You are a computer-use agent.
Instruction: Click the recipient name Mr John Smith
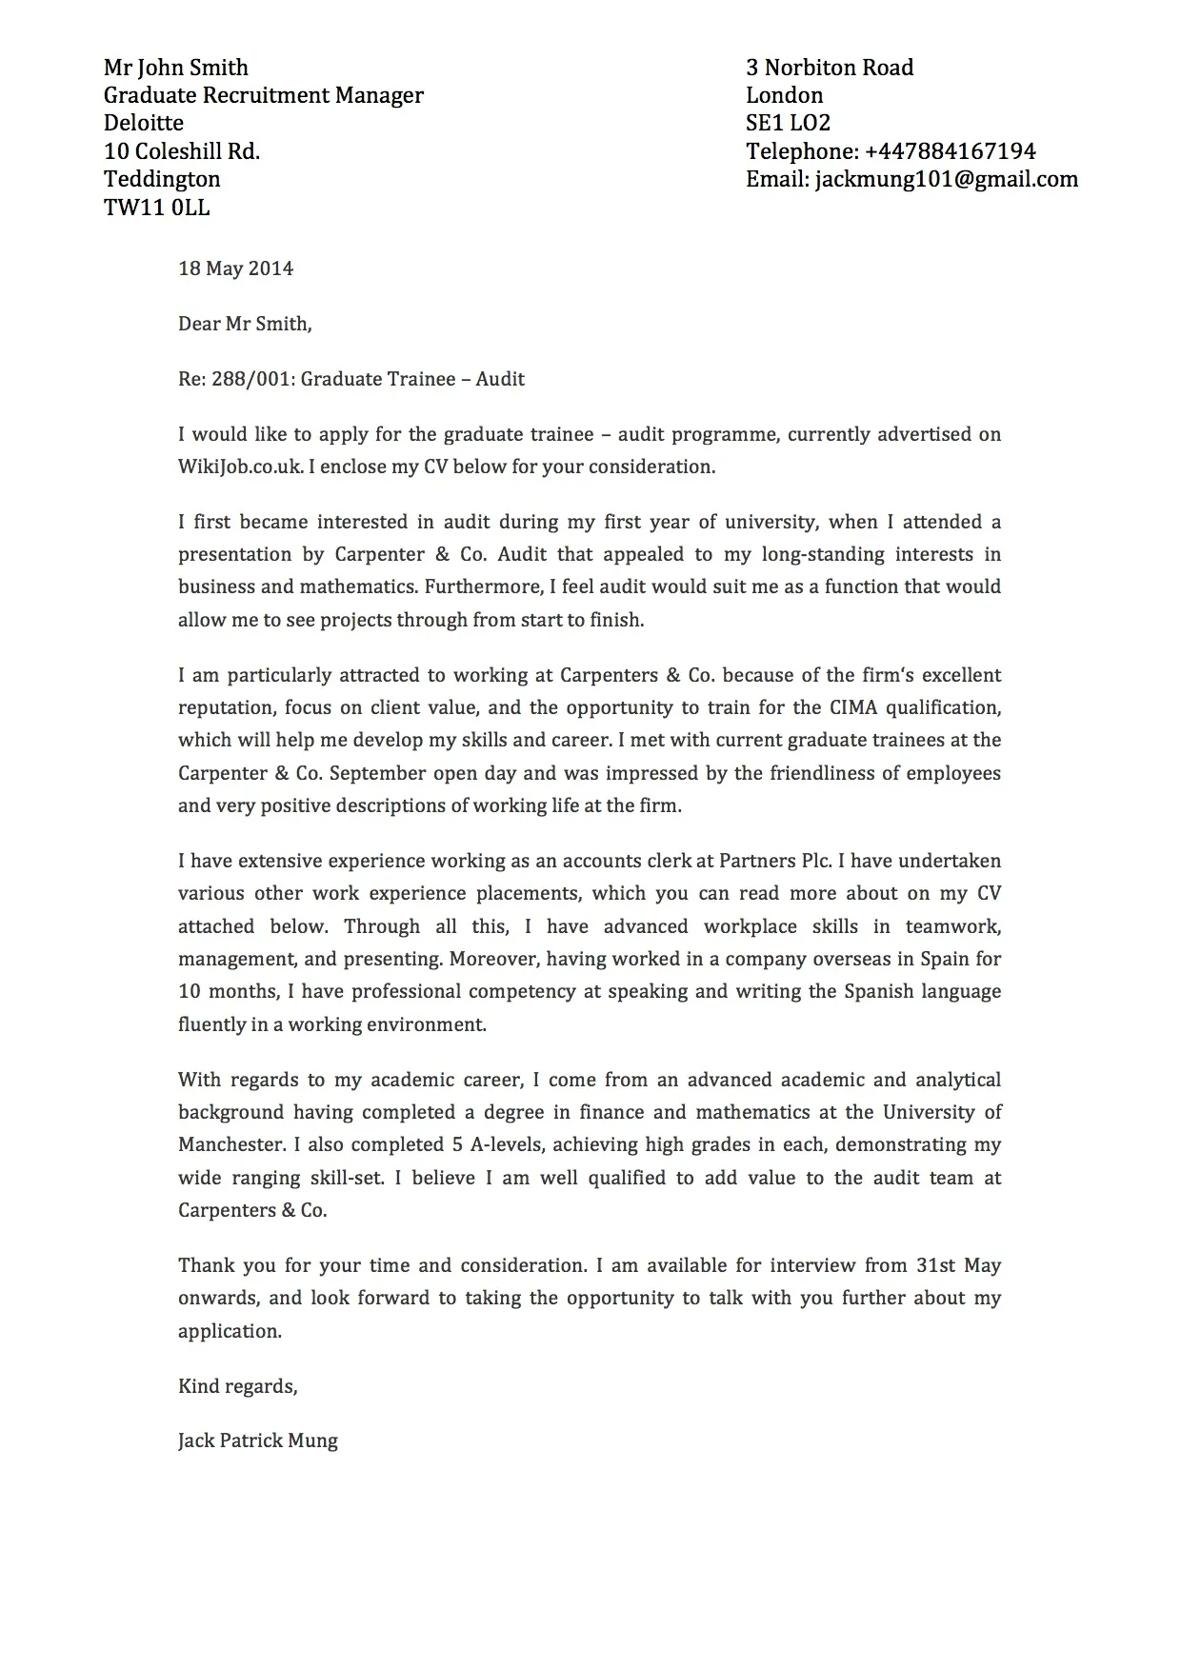point(175,68)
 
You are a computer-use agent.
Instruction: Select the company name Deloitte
point(144,123)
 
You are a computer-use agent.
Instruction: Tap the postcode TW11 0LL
point(156,208)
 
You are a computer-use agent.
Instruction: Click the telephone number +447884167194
point(950,151)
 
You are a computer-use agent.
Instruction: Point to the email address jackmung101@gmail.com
point(946,179)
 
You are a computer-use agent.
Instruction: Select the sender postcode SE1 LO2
point(788,123)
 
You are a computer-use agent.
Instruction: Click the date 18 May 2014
point(235,268)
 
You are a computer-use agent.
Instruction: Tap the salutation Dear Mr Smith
point(244,324)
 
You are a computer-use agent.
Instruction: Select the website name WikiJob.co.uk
point(240,467)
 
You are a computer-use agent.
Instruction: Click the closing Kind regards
point(237,1386)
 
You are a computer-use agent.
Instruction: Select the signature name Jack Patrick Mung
point(257,1441)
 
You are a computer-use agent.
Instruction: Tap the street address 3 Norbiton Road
point(830,68)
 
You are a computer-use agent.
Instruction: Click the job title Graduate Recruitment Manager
point(263,95)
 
